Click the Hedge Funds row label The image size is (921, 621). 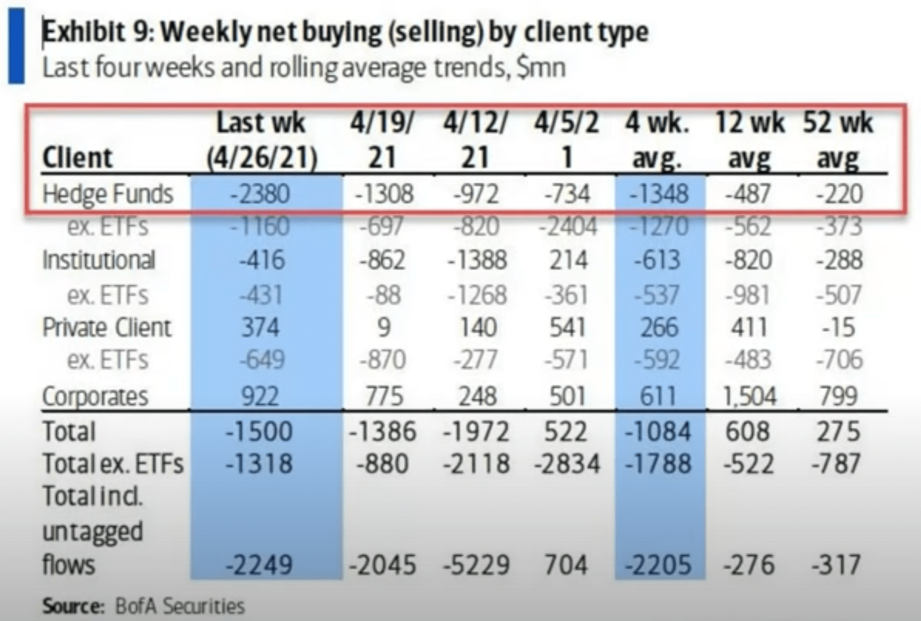(108, 194)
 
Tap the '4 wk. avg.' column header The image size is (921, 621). (658, 140)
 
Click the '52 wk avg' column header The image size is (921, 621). (838, 140)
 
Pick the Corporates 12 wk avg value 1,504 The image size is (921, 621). (750, 396)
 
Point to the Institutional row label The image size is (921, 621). (99, 260)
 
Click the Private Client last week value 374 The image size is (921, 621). (260, 327)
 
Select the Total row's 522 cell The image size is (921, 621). (566, 431)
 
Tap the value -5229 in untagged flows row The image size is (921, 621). (476, 565)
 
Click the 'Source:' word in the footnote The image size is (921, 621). (73, 606)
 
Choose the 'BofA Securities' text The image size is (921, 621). (180, 606)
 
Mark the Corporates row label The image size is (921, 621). (95, 396)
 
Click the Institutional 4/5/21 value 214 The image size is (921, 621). (568, 260)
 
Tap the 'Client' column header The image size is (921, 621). (77, 158)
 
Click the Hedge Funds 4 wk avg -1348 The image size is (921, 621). (659, 194)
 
